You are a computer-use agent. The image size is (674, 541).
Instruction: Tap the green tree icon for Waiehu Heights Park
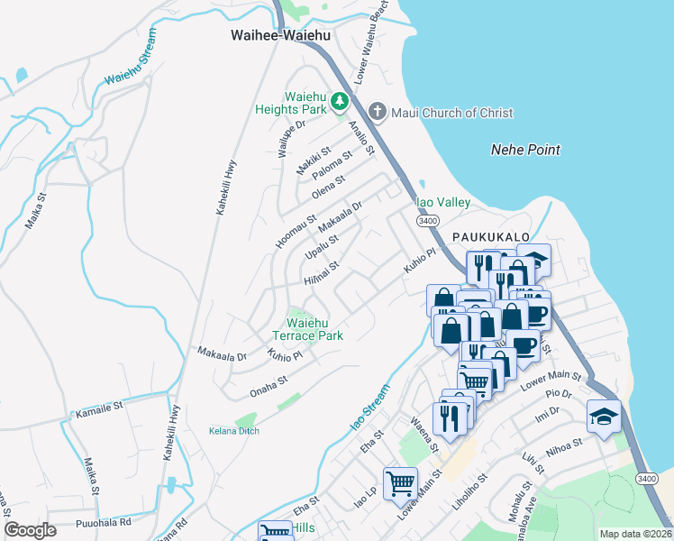[x=340, y=100]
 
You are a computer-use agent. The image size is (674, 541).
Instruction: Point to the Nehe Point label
[x=525, y=150]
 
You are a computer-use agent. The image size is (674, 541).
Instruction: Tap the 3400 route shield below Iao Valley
[x=427, y=220]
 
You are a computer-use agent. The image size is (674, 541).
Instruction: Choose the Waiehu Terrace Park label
[x=314, y=329]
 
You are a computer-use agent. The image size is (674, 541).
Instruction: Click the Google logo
[x=30, y=529]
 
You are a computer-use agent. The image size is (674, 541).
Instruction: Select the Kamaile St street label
[x=99, y=408]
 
